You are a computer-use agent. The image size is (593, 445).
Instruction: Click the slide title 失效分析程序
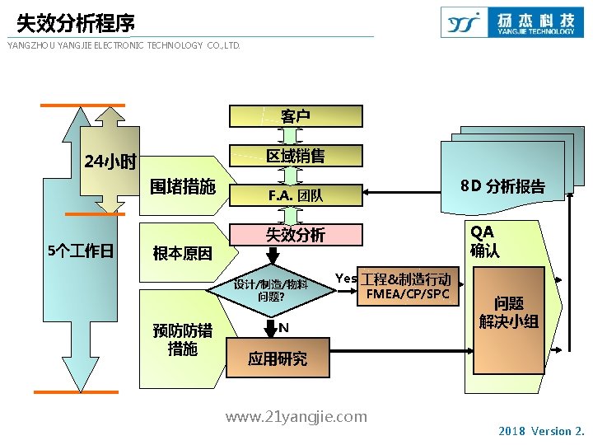(76, 22)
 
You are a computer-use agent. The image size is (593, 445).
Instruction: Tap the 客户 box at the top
(295, 116)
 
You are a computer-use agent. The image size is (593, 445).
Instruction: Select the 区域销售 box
(295, 155)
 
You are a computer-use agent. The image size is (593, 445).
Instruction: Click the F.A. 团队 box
(295, 195)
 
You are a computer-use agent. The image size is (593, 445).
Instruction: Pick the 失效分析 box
(295, 235)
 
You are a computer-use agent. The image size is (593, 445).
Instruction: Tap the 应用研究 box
(278, 358)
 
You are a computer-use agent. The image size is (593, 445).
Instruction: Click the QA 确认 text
(484, 241)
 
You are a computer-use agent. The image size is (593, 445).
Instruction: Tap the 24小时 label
(110, 161)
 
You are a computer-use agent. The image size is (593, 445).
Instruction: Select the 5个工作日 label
(81, 251)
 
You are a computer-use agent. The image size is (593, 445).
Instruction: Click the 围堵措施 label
(182, 186)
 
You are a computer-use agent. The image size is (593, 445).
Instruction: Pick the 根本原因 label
(182, 253)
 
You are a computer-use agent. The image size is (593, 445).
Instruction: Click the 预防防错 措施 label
(182, 340)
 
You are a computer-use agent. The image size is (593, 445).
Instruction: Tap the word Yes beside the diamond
(346, 278)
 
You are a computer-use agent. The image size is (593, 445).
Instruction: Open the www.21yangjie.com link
(296, 417)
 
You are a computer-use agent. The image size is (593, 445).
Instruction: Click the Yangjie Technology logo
(509, 22)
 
